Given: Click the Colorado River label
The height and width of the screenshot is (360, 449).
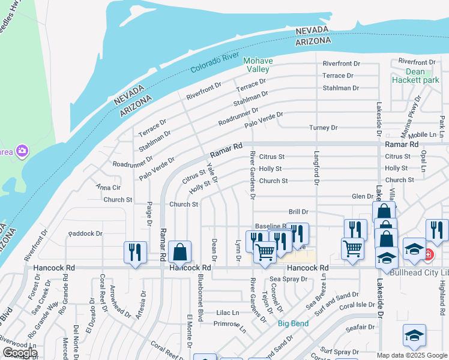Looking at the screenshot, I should [x=215, y=62].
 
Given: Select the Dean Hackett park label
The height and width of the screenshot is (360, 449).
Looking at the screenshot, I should [x=415, y=75].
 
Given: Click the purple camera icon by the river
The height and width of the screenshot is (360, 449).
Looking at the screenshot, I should [x=22, y=150].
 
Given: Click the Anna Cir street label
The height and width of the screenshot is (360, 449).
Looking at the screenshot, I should [x=108, y=187].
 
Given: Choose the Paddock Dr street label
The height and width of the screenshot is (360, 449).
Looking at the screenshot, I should [x=85, y=233].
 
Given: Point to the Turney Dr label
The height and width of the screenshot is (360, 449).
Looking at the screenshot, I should [x=324, y=128].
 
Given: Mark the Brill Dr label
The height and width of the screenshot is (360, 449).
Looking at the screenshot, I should [x=298, y=212].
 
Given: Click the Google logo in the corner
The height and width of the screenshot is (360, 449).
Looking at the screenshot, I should [x=19, y=353].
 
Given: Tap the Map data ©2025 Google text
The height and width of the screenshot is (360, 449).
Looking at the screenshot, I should [x=412, y=355].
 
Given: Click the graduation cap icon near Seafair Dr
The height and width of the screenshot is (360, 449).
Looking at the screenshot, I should [x=414, y=335].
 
